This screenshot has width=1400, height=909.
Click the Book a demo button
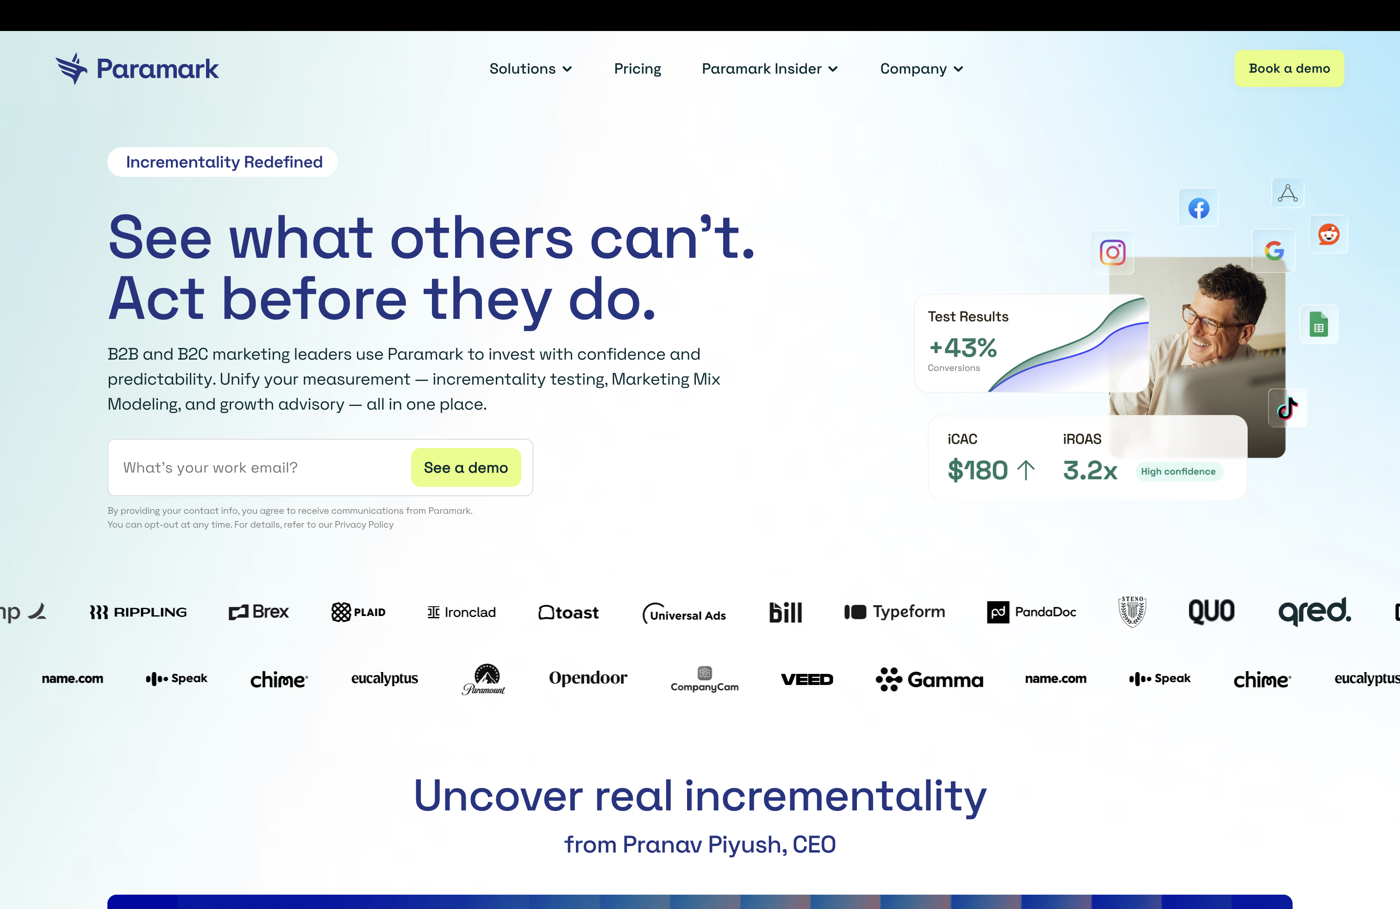[1289, 69]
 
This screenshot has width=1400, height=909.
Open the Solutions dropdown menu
[530, 69]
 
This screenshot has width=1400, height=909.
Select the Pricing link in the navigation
[637, 69]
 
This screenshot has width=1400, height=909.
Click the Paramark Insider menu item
[769, 69]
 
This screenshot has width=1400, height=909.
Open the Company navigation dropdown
[921, 69]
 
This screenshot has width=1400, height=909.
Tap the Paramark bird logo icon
[72, 69]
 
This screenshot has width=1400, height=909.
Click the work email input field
[259, 467]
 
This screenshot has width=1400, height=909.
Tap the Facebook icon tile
[1198, 208]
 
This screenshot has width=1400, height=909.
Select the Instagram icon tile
[1112, 253]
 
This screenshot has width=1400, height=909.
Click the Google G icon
[1274, 251]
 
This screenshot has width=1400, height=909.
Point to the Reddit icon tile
[1328, 235]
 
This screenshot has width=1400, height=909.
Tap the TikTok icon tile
[1287, 408]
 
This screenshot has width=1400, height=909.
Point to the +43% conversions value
[963, 348]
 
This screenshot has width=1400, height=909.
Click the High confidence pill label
[1178, 472]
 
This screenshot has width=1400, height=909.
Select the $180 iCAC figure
[978, 470]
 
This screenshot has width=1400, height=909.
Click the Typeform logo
[895, 612]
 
